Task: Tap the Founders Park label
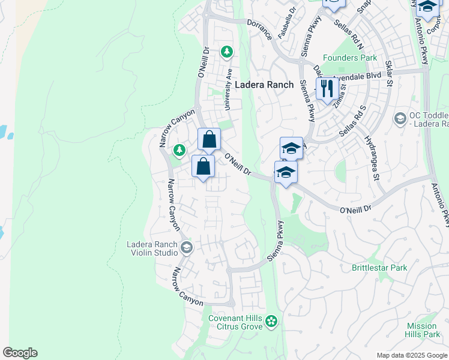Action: [x=350, y=58]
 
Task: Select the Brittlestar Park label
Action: [x=379, y=268]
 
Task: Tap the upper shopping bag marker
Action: [x=209, y=140]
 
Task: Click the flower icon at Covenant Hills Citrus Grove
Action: [x=271, y=322]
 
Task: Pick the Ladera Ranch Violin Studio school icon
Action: [x=186, y=248]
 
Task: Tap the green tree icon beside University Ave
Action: [x=227, y=52]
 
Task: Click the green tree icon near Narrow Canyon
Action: [x=178, y=149]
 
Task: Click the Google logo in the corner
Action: [x=20, y=353]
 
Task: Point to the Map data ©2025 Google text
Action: [x=411, y=355]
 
